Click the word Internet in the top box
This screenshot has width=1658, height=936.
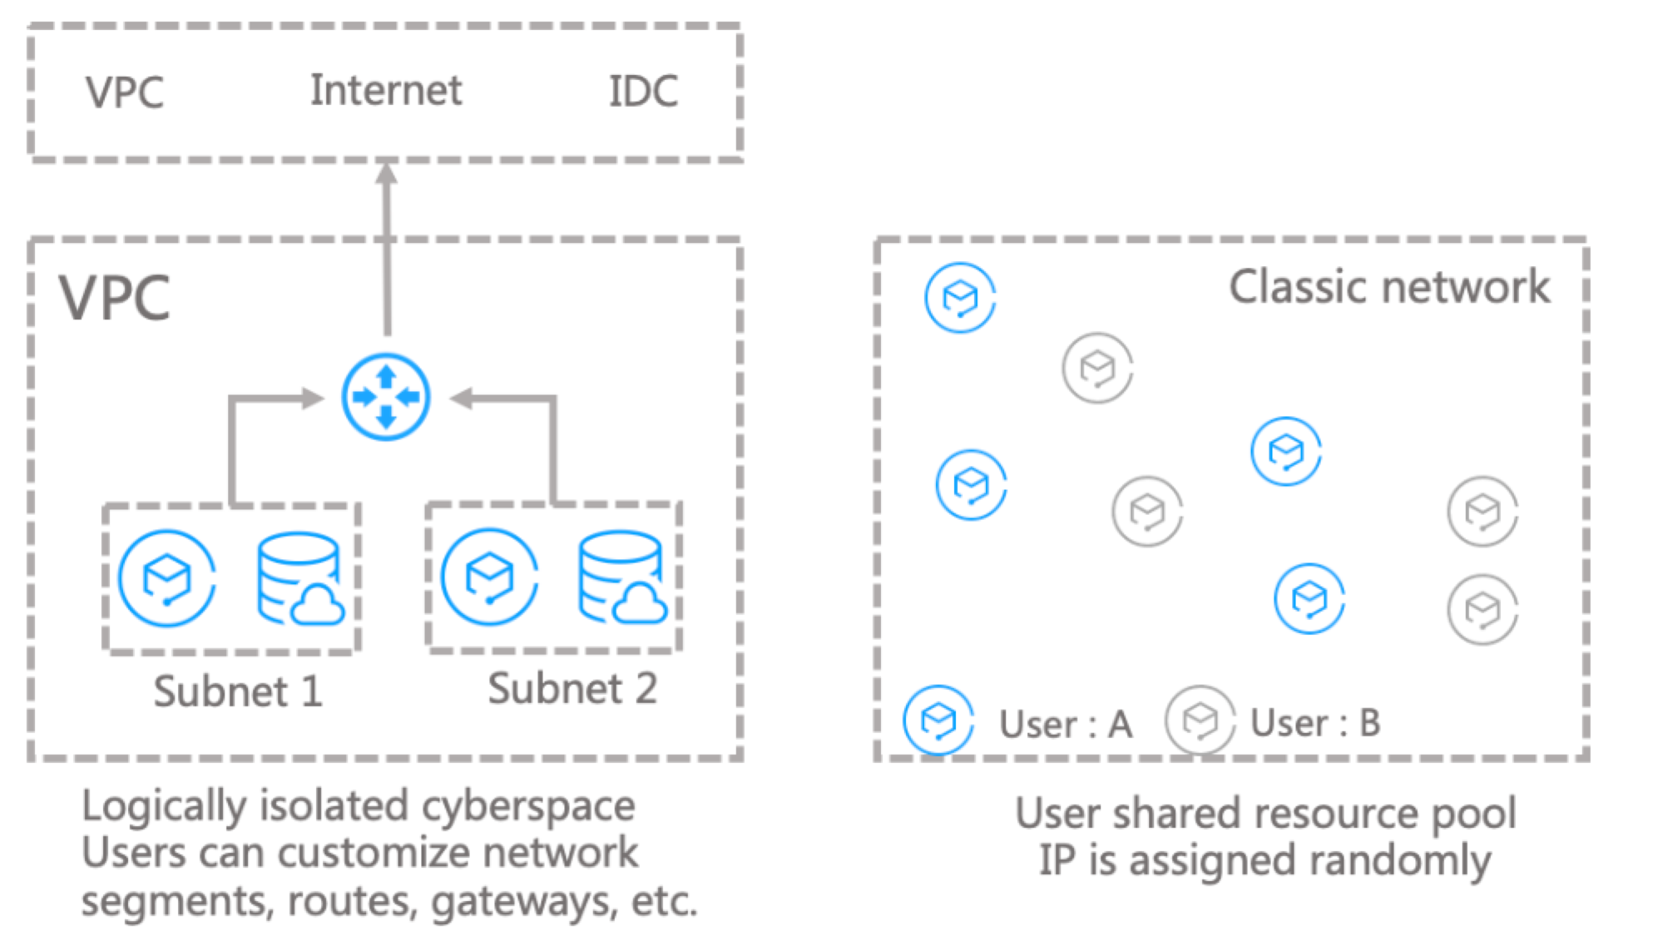click(385, 90)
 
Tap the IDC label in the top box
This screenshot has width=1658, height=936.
click(643, 92)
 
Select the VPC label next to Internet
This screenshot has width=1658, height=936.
click(125, 92)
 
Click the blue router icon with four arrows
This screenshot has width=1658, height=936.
click(386, 397)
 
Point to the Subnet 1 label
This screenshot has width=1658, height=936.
click(238, 691)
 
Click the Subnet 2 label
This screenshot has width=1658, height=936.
click(572, 689)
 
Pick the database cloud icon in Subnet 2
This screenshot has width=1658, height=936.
click(621, 578)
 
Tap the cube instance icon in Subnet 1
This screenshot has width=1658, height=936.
click(167, 578)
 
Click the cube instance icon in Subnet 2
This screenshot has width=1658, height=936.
click(489, 577)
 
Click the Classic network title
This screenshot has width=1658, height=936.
click(1389, 287)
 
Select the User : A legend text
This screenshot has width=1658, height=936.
click(1066, 724)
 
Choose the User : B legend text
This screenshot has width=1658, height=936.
click(1315, 723)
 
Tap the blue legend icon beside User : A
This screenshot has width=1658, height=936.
click(938, 720)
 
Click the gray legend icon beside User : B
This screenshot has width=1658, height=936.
click(1200, 720)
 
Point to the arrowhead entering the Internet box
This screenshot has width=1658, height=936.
click(387, 172)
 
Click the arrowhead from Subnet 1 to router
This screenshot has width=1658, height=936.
click(313, 399)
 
